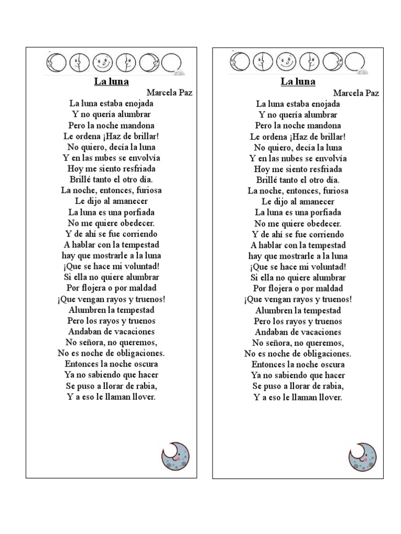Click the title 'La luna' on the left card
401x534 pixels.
click(111, 81)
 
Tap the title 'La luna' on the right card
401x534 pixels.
click(298, 81)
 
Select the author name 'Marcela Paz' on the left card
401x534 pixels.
click(169, 92)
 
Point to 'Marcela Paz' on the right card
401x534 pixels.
click(356, 93)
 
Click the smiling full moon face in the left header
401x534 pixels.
click(102, 63)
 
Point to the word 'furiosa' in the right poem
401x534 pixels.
click(333, 191)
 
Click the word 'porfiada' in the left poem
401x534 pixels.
click(137, 212)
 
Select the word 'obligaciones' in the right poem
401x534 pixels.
click(324, 354)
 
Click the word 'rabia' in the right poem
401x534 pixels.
click(332, 386)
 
